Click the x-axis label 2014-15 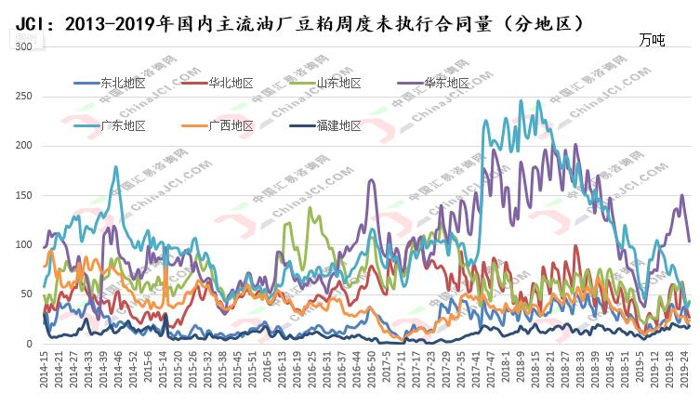click(44, 370)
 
